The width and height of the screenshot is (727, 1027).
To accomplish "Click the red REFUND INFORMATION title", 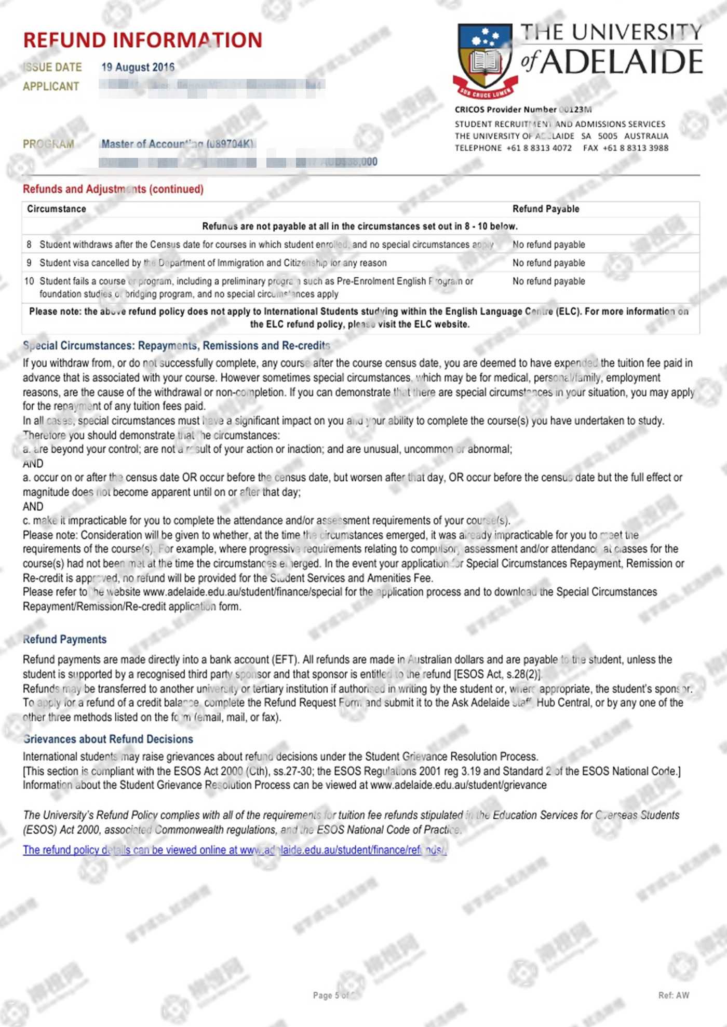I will pos(143,40).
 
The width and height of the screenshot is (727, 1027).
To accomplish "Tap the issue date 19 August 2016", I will pos(138,67).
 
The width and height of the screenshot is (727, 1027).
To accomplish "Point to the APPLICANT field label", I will pos(51,86).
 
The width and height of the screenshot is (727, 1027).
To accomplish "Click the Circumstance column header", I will pos(57,209).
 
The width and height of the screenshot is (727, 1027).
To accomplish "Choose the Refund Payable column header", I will pos(546,209).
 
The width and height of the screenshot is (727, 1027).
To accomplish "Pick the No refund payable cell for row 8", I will pos(549,245).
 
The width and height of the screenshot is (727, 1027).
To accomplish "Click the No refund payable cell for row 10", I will pos(549,281).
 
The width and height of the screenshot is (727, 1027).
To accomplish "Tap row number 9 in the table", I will pos(29,263).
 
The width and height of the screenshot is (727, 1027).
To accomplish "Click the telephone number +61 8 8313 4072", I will pos(539,148).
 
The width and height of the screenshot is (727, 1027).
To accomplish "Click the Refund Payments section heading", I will pos(65,639).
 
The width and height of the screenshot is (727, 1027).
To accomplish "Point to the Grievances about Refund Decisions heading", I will pos(108,739).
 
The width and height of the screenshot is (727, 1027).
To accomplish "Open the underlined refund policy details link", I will pos(234,850).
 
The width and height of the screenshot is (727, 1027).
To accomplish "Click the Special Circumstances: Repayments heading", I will pos(177,346).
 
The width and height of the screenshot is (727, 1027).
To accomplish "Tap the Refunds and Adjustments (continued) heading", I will pos(113,189).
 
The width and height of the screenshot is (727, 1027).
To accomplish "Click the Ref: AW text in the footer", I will pos(674,995).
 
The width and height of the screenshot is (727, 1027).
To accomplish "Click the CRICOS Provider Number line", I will pos(523,110).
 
